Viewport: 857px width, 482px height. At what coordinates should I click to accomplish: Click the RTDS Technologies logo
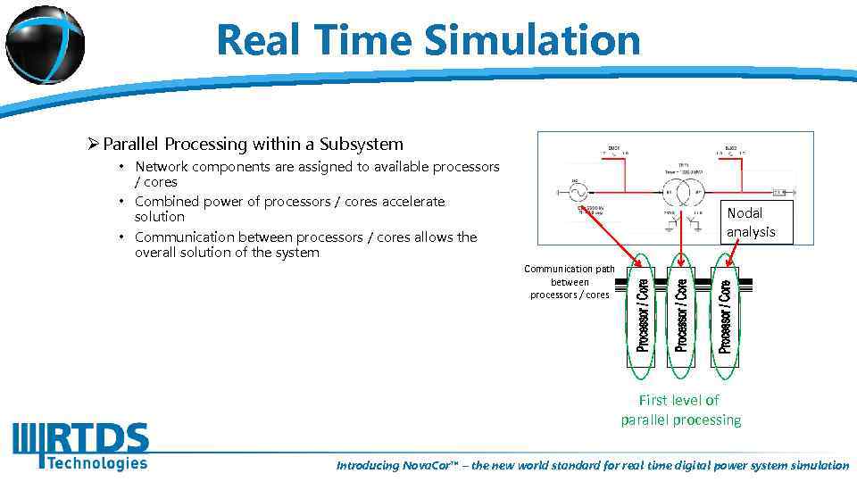click(x=80, y=445)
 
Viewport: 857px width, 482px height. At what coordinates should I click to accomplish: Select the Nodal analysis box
click(x=751, y=222)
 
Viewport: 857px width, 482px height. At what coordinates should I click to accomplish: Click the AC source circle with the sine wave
click(x=578, y=192)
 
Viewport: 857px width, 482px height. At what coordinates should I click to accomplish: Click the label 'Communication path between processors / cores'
click(x=570, y=281)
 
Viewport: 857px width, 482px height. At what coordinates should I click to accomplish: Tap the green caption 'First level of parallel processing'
click(x=680, y=410)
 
